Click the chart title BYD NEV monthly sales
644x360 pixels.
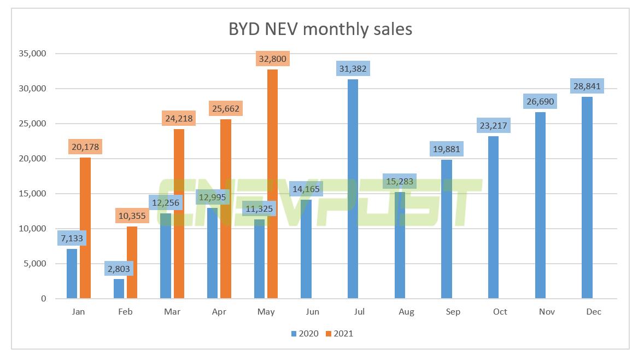pos(320,29)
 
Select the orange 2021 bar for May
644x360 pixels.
pos(272,184)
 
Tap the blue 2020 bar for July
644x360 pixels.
pos(353,189)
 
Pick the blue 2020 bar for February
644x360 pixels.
pos(119,289)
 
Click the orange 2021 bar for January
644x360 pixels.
pos(85,228)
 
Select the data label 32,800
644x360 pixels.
pos(272,59)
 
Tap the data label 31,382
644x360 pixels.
pos(353,68)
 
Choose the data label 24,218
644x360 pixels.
pos(179,118)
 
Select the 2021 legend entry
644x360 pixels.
pos(340,333)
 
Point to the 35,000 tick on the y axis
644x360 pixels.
pos(32,54)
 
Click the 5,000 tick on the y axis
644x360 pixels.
pos(34,264)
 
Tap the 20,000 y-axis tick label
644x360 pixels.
pos(32,159)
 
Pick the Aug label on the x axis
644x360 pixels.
pos(406,312)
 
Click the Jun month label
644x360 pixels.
pos(313,312)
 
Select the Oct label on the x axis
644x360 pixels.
pos(500,312)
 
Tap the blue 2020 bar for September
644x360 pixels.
pos(446,229)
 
